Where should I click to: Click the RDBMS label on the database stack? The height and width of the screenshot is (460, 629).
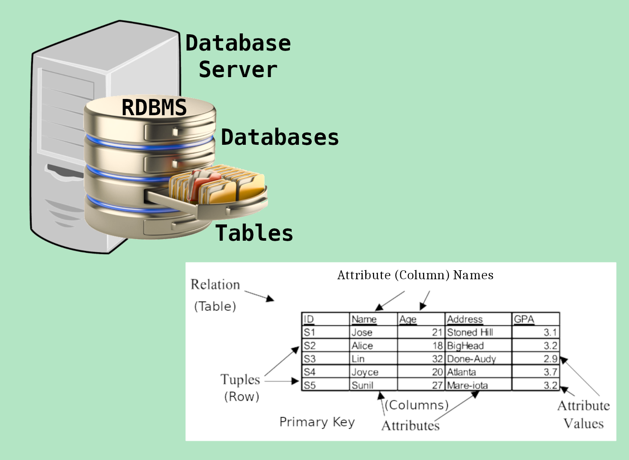(x=154, y=107)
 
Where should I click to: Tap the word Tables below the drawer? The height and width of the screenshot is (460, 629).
(x=254, y=233)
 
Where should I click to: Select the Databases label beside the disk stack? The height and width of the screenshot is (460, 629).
(x=280, y=137)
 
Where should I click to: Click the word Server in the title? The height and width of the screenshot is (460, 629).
(x=238, y=70)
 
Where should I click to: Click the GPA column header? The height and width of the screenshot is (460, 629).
(x=524, y=319)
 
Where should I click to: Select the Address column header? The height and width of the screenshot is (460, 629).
(x=465, y=319)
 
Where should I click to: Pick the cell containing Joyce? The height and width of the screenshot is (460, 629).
(x=365, y=372)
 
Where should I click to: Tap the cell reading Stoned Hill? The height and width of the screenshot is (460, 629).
(x=470, y=332)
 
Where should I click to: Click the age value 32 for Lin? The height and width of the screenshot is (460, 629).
(x=437, y=359)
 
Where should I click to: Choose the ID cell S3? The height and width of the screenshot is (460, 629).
(x=310, y=359)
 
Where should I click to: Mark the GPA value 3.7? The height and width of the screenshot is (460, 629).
(x=551, y=372)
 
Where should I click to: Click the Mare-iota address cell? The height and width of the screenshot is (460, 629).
(x=467, y=385)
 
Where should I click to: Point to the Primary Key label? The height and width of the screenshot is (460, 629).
(x=317, y=422)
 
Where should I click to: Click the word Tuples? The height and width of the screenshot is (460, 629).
(x=240, y=379)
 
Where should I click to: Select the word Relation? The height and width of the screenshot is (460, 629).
(x=215, y=284)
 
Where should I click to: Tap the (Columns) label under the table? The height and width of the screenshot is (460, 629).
(x=417, y=405)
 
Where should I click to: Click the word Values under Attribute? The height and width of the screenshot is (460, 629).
(x=583, y=424)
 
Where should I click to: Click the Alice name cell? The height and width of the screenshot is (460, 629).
(x=362, y=346)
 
